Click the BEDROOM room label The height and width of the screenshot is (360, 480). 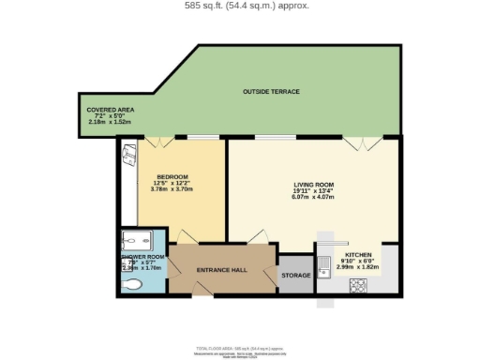point(172,177)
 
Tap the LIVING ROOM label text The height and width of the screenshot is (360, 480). point(313,185)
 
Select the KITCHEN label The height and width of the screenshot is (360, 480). point(359,255)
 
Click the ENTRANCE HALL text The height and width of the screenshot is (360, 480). point(221,270)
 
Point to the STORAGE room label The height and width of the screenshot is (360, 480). point(295,276)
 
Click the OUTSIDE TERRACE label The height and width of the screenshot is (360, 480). point(271,91)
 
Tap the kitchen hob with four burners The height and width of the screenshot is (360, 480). point(357,286)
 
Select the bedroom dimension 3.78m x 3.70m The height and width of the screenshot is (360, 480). point(172,190)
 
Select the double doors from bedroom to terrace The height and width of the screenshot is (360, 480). point(156,143)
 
